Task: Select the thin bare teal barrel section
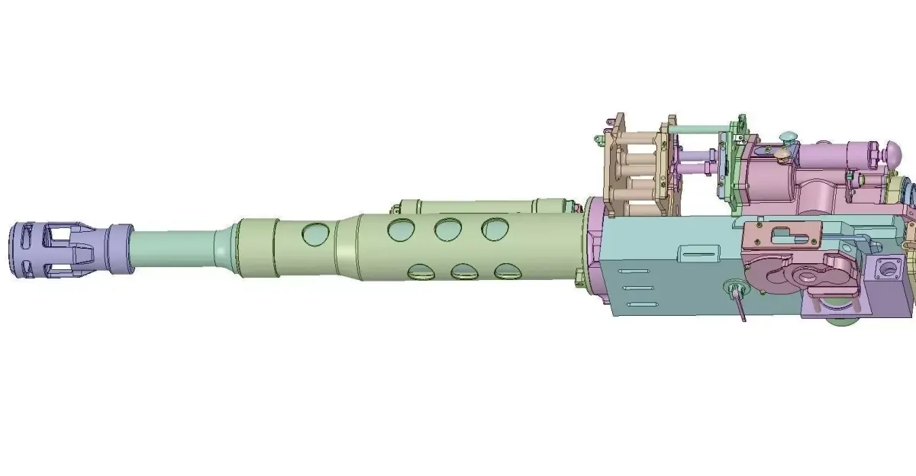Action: [176, 248]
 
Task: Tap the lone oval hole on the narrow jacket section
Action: [314, 234]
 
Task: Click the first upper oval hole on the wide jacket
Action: [402, 229]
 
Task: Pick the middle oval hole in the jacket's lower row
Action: [464, 272]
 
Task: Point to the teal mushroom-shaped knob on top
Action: [787, 138]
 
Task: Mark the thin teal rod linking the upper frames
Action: [698, 129]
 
